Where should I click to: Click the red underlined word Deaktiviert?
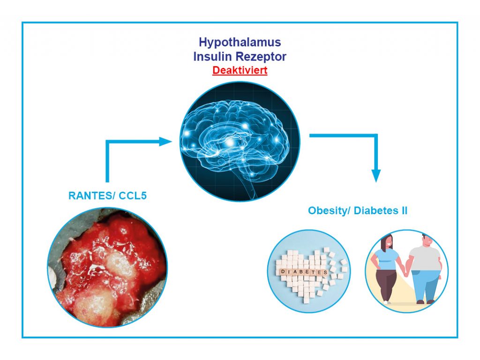240,70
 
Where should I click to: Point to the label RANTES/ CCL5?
107,195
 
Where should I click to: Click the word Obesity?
329,210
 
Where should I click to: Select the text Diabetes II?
381,210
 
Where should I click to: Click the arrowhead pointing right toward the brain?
165,142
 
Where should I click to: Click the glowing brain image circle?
240,142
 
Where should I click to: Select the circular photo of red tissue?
107,267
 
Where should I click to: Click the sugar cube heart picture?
308,271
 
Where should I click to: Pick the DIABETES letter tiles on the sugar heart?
304,272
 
